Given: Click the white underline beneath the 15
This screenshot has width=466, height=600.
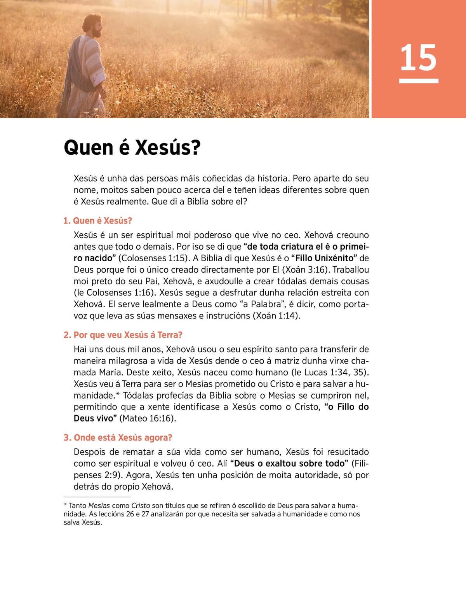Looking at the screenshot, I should pyautogui.click(x=418, y=81).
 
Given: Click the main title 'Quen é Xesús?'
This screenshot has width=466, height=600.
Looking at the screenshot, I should pyautogui.click(x=132, y=148).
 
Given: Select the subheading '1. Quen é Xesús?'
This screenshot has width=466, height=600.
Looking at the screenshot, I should pyautogui.click(x=98, y=221).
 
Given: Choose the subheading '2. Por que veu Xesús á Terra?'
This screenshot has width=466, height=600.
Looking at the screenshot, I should pyautogui.click(x=123, y=335).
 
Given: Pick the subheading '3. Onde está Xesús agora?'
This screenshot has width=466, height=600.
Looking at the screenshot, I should pyautogui.click(x=118, y=438).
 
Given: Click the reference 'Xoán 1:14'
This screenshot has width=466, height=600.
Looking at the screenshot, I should pyautogui.click(x=276, y=316).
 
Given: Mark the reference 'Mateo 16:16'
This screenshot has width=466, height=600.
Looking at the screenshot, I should pyautogui.click(x=148, y=418).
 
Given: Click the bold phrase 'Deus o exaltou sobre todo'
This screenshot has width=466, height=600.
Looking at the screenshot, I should pyautogui.click(x=289, y=464).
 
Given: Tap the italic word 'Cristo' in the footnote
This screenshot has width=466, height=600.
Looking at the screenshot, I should pyautogui.click(x=141, y=506).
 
